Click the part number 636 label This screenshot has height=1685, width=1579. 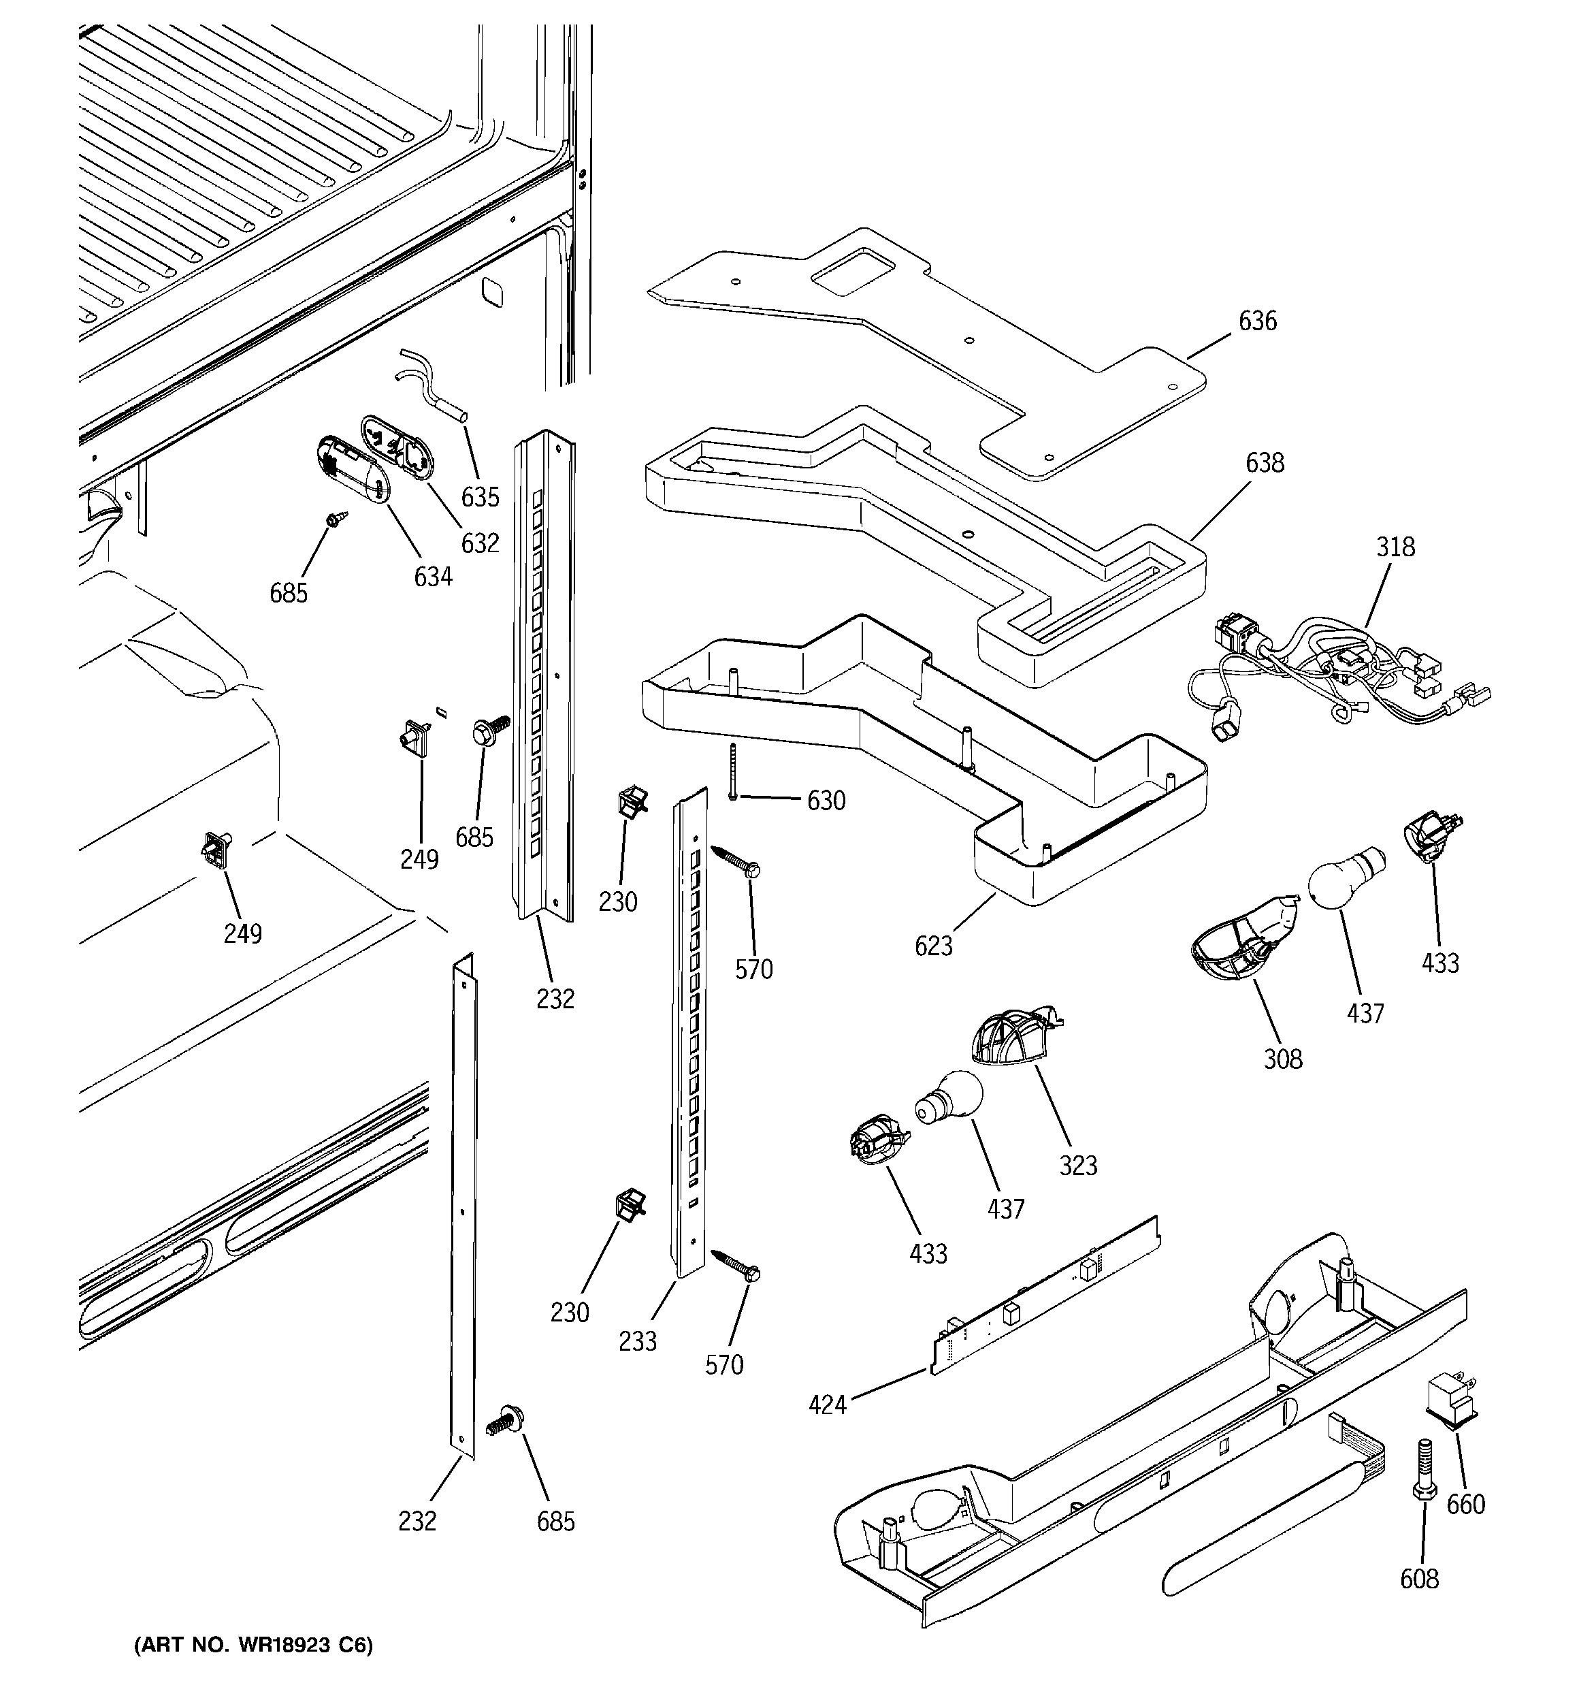point(1257,321)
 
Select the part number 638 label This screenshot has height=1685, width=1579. point(1265,463)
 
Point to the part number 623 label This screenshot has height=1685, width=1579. point(934,946)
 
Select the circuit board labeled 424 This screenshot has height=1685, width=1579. point(1047,1297)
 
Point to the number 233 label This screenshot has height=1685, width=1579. point(637,1341)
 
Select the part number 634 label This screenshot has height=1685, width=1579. point(432,577)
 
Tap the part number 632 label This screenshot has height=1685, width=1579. point(480,543)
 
